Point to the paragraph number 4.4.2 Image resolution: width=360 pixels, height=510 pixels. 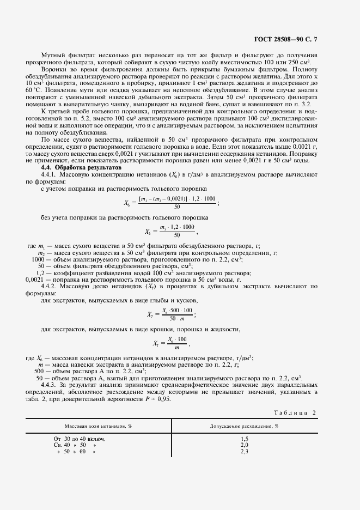point(50,286)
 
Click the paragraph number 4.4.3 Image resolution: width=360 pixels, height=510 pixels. point(50,385)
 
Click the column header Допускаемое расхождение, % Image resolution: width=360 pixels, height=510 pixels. point(244,426)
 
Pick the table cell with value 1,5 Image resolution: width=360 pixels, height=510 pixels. point(244,439)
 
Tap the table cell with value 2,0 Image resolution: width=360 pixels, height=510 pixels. point(244,445)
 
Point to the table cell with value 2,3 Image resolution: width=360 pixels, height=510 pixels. point(244,452)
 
